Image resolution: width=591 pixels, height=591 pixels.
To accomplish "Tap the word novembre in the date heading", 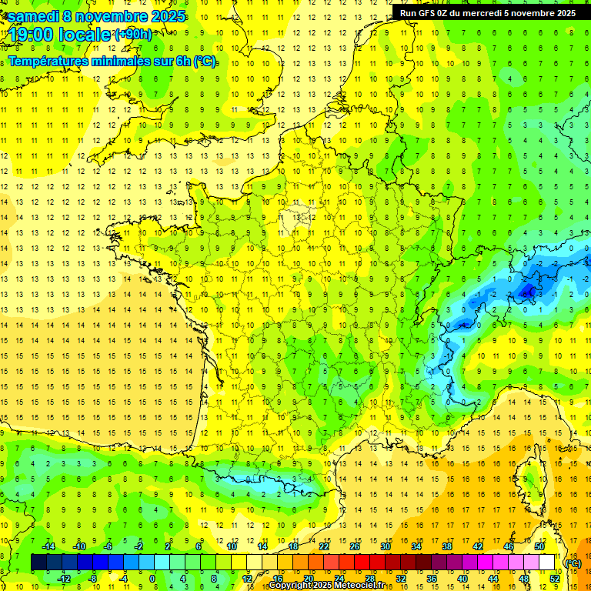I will (112, 15).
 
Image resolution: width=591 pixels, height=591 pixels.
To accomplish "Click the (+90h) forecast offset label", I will (133, 35).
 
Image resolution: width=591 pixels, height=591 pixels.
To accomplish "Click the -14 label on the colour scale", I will (48, 546).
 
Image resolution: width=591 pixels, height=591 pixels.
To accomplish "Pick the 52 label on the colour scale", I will (555, 579).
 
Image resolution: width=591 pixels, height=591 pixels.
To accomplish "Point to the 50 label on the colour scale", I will (539, 546).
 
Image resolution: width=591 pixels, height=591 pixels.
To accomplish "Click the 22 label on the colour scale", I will (324, 546).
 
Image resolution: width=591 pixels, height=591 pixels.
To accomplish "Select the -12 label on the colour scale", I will (63, 579).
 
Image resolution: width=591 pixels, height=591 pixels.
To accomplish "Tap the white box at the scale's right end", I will (547, 563).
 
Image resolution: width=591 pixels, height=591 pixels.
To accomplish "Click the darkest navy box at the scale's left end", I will (38, 563).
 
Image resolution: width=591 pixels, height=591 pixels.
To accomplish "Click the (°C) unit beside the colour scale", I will (573, 563).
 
